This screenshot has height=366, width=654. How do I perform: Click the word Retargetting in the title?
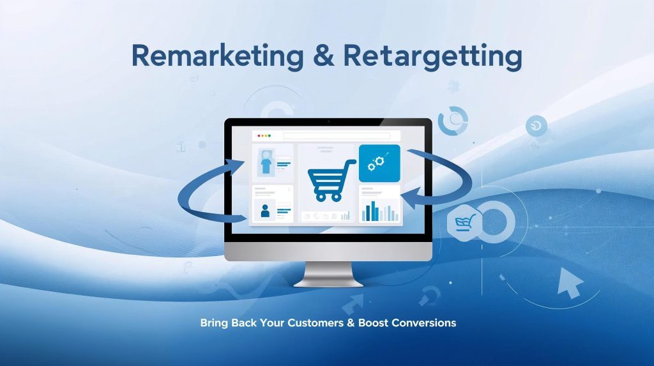click(432, 57)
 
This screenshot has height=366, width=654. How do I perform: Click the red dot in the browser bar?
click(257, 136)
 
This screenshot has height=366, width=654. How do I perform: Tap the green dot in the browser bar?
click(269, 136)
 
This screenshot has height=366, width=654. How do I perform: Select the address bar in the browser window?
click(341, 136)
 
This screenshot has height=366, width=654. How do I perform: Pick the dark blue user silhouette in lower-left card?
click(265, 210)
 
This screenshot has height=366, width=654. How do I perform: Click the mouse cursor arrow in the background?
click(570, 283)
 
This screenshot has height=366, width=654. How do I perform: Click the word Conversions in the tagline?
click(424, 323)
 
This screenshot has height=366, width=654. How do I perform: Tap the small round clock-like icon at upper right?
click(536, 126)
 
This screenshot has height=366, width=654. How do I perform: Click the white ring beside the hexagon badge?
click(496, 221)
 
